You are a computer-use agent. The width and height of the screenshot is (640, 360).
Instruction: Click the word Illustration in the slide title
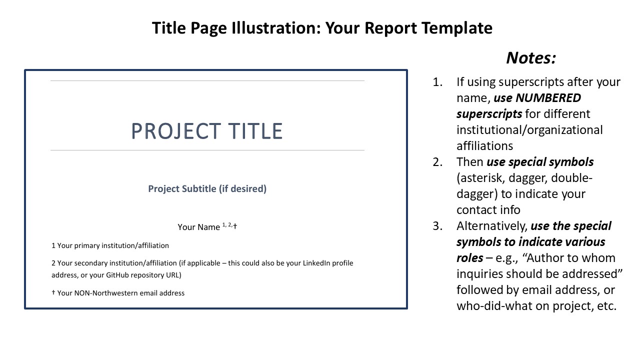point(276,28)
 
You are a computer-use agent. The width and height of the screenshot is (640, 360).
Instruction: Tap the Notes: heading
point(531,57)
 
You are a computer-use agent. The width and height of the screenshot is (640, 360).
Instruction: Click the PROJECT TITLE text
point(207,131)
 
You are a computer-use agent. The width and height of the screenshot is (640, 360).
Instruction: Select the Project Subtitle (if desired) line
point(207,189)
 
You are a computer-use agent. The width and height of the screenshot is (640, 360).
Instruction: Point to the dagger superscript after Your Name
point(235,226)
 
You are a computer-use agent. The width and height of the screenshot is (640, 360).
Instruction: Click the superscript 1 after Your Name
point(223,224)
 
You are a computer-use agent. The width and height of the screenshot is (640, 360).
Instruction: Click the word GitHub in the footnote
point(117,275)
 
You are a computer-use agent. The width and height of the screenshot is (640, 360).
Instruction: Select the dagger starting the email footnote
point(53,292)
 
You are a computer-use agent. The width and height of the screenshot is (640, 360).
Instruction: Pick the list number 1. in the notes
point(437,82)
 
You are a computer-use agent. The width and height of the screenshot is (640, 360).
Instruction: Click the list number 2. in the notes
point(437,162)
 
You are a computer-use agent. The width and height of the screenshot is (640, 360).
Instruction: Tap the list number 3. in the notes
point(437,226)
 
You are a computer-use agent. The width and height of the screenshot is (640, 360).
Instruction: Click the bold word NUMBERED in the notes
point(548,98)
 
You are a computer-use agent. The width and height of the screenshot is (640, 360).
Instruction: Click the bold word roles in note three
point(469,258)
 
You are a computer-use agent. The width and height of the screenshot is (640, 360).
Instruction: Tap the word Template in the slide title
point(457,28)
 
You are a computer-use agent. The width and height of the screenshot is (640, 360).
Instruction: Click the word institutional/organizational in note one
point(529,130)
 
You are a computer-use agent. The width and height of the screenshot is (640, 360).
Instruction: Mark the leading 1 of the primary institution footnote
point(53,245)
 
